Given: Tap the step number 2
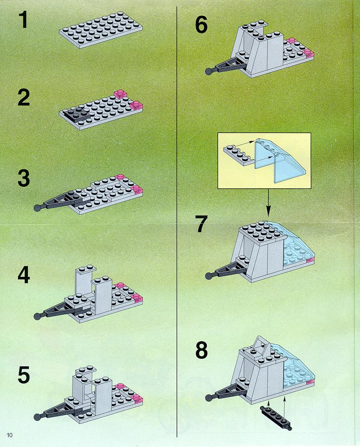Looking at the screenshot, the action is coord(24,98).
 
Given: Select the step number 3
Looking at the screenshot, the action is coord(24,178).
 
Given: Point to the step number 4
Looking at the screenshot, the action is coord(24,275).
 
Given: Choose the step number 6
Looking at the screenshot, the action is coord(201,25).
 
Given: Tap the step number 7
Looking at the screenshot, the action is coord(201,224).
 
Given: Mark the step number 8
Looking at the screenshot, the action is coord(201,350).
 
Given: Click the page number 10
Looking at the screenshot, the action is coord(10,435).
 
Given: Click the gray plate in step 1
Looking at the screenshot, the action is coord(101,30).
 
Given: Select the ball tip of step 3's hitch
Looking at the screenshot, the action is coord(37,208).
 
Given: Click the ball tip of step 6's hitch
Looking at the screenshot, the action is coord(209,71).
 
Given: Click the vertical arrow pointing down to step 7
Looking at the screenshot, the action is coord(268,202).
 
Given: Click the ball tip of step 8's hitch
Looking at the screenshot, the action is coord(209,397).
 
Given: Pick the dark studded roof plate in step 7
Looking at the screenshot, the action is coord(262,232).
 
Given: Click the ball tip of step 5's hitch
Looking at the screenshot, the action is coord(37,417).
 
